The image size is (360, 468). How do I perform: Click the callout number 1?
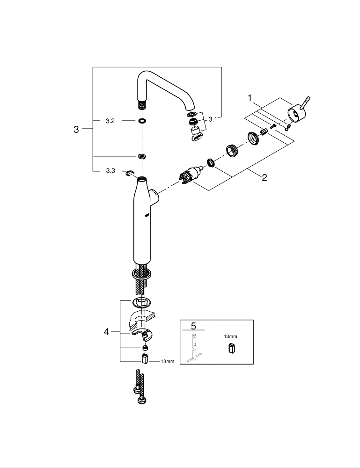250,98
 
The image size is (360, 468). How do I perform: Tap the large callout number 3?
76,130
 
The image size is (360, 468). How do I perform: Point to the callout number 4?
106,332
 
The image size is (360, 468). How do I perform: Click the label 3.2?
110,121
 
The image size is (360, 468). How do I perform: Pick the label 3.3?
110,171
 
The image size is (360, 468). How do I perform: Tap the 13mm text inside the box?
231,336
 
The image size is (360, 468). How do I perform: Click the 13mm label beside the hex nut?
167,361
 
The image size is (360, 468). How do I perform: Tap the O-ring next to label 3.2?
141,121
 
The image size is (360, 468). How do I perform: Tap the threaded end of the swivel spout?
141,103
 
